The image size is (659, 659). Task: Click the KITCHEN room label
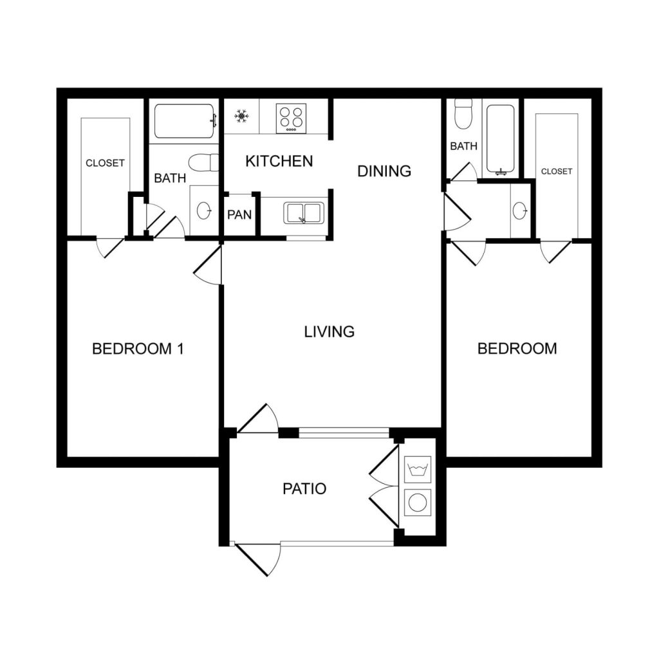point(279,161)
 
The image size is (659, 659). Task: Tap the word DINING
point(384,171)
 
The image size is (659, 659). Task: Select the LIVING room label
point(329,332)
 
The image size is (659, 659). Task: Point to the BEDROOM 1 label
point(138,349)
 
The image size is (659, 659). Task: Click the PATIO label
point(304,489)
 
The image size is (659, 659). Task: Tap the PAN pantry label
point(239,215)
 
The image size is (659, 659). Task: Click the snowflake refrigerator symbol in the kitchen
point(241,116)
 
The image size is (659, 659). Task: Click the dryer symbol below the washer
point(418,501)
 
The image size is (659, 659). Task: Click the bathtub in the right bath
point(500,138)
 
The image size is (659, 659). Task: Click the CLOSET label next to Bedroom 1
point(105,163)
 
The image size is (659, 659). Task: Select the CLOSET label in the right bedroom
point(557,171)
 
